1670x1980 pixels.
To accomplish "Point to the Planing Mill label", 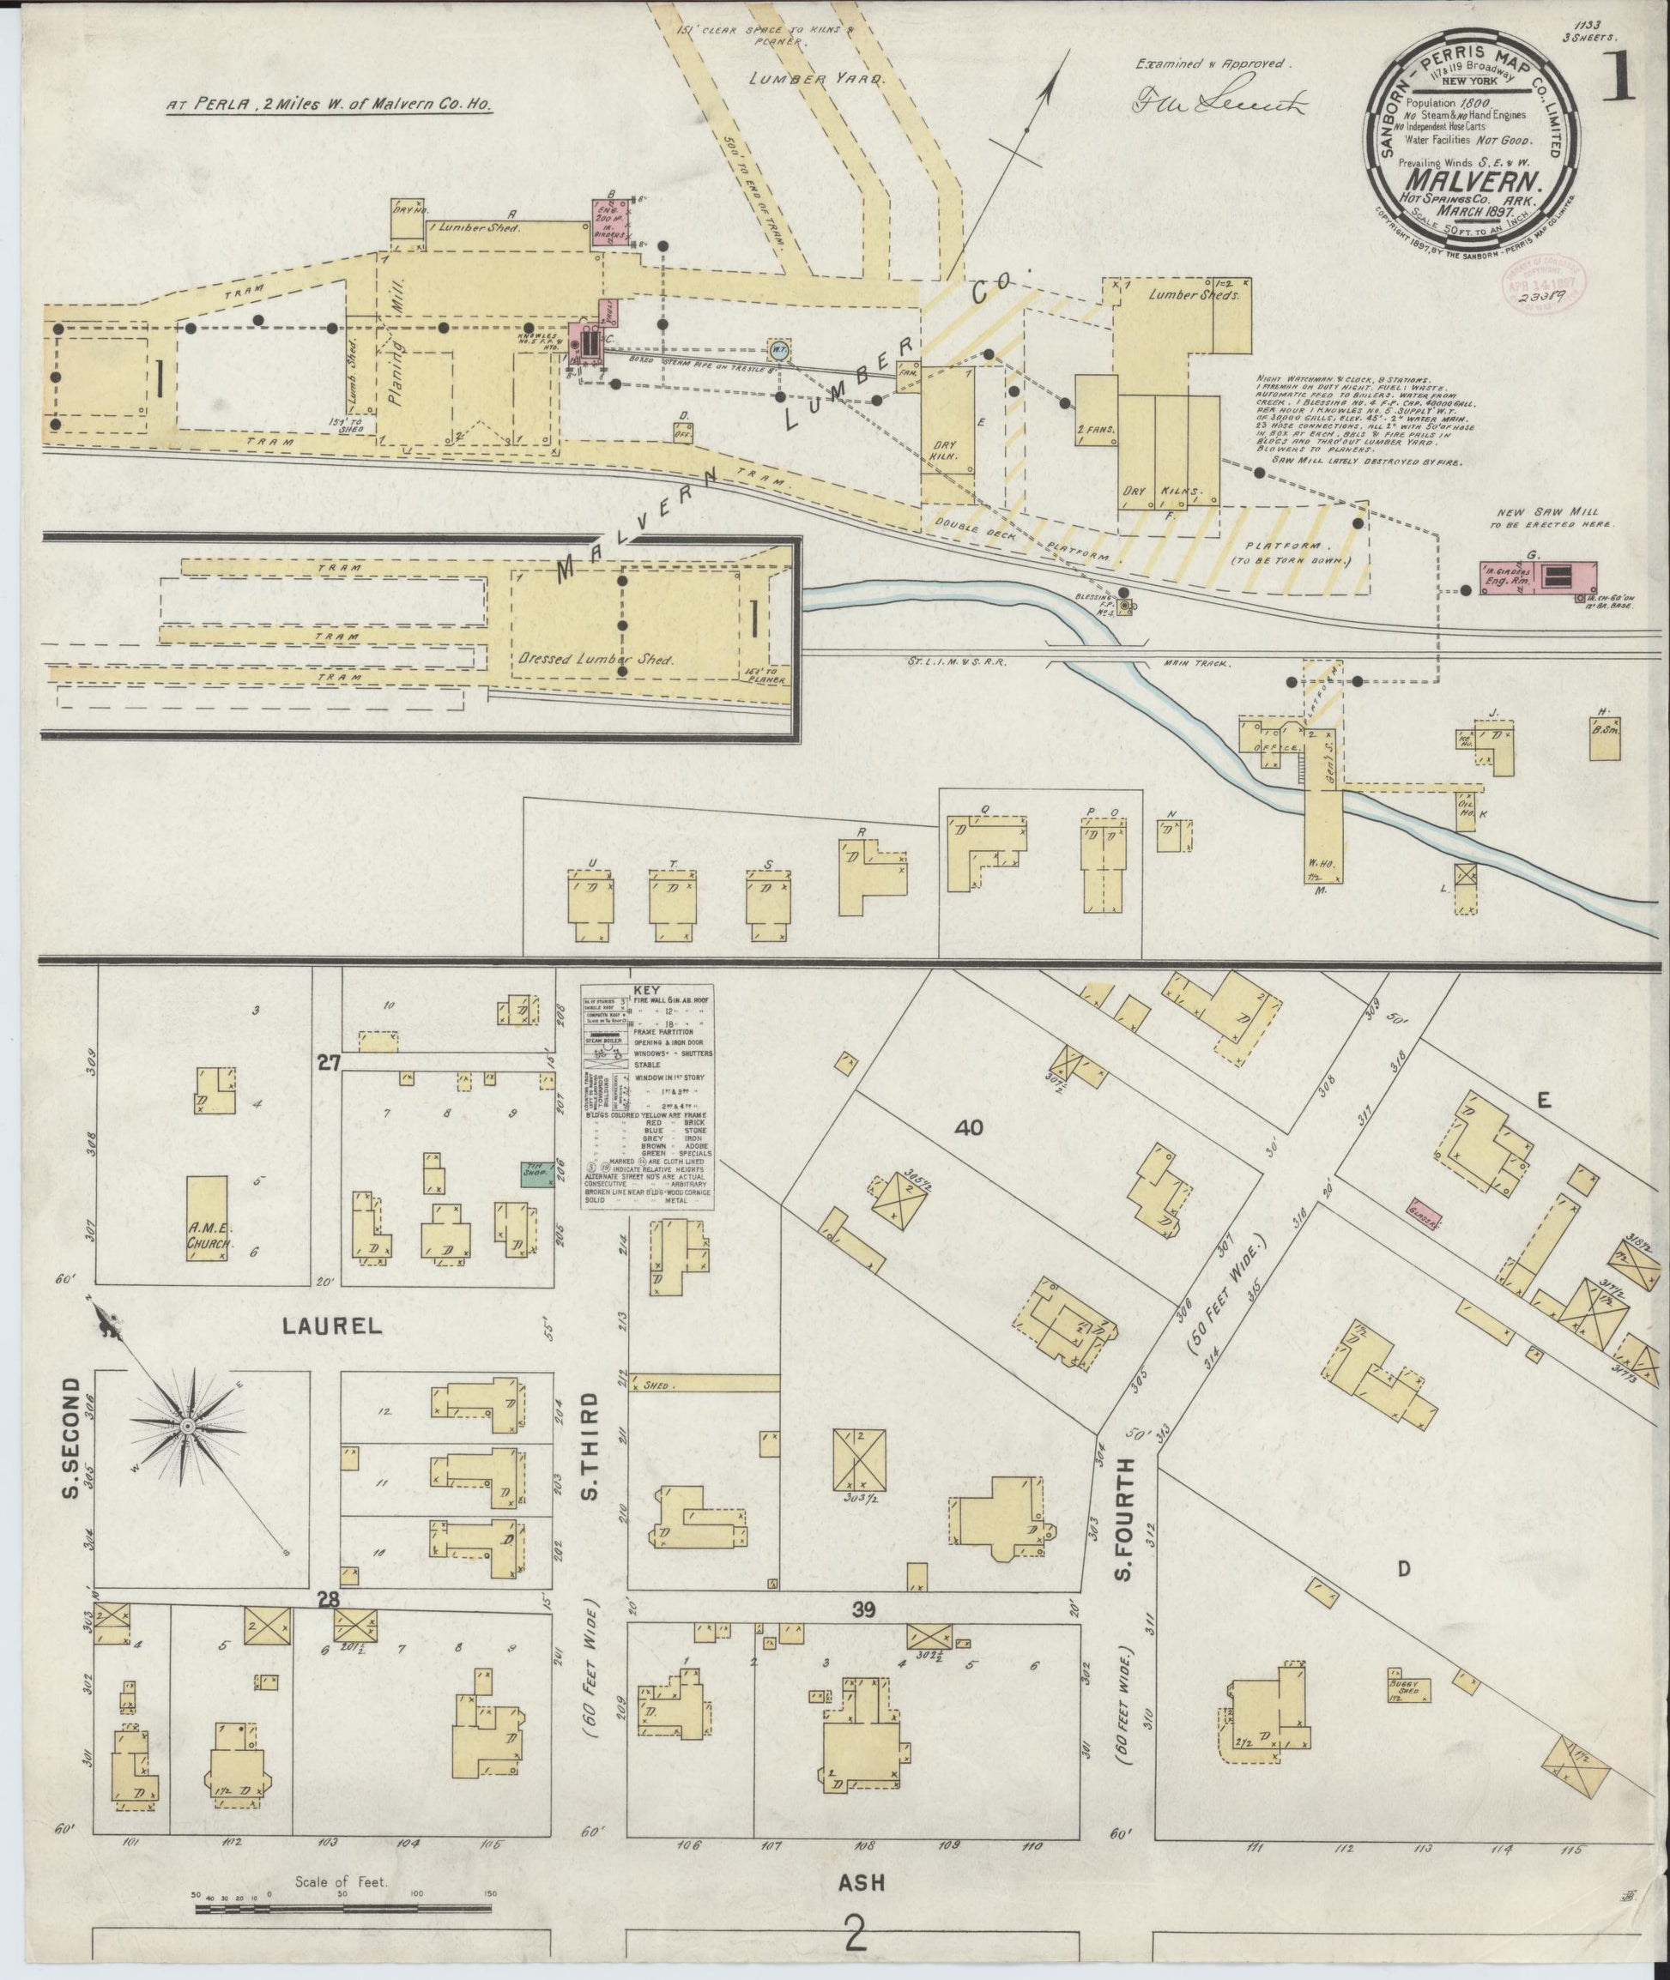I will pyautogui.click(x=396, y=342).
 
